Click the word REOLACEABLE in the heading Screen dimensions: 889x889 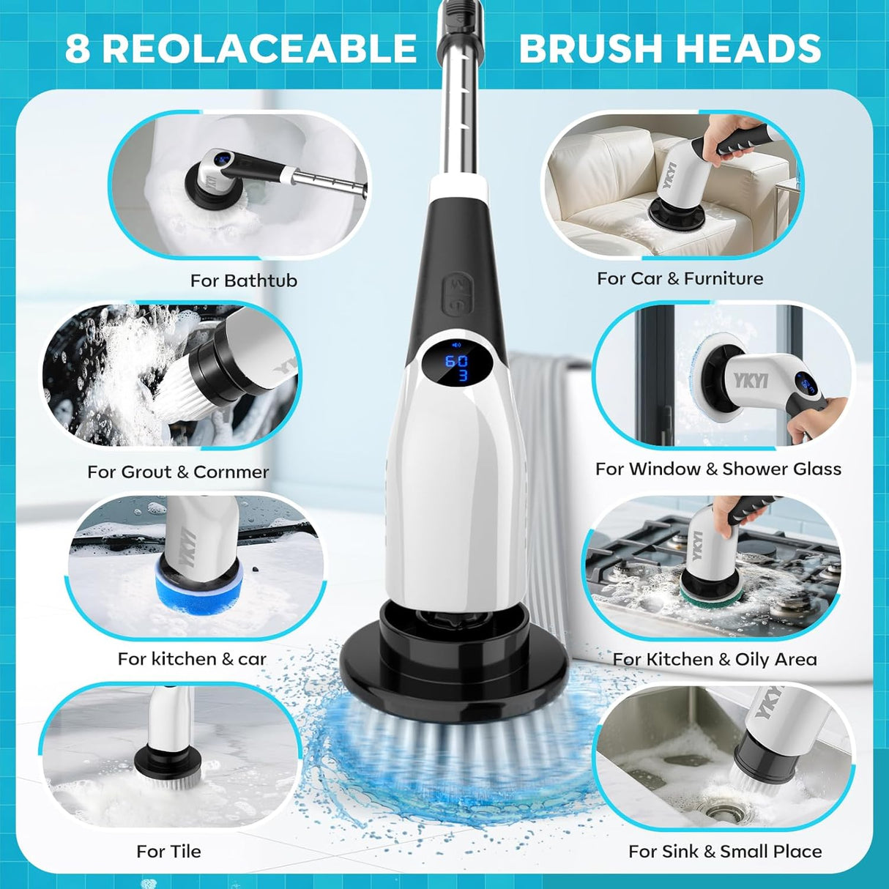[x=259, y=49]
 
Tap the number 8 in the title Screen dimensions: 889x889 [x=77, y=49]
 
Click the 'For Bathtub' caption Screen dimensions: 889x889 [x=244, y=280]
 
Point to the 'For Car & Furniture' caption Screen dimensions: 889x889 [x=680, y=278]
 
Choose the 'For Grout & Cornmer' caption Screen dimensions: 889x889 [x=178, y=472]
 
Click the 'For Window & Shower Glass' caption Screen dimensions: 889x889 [x=718, y=469]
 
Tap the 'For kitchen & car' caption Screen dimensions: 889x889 [x=192, y=659]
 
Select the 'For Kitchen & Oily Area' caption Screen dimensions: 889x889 [x=715, y=659]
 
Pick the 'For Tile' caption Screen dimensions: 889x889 [x=168, y=851]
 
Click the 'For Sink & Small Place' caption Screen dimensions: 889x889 [x=725, y=851]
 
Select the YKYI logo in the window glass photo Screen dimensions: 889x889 [x=751, y=380]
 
